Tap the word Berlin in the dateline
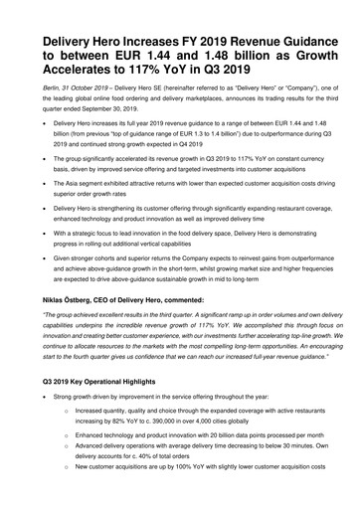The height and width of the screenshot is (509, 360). [x=50, y=88]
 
